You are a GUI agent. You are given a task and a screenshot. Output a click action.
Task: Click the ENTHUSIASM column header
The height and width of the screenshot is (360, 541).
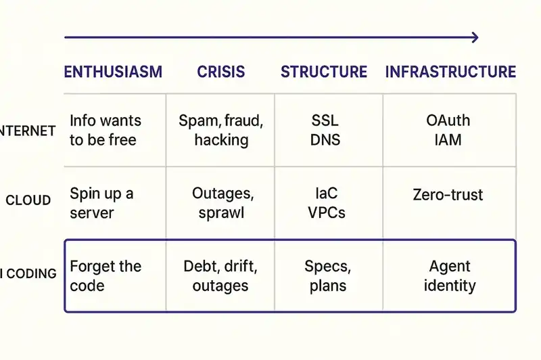pos(113,72)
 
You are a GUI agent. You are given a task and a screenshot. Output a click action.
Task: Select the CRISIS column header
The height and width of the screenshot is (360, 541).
pos(221,72)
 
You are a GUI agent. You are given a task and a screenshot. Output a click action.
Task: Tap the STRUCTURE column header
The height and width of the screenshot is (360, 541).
pos(324,72)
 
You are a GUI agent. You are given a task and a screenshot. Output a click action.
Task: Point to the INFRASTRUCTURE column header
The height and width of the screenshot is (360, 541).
pos(450,72)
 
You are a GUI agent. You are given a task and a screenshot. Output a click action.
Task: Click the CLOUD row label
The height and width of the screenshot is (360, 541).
pos(28,200)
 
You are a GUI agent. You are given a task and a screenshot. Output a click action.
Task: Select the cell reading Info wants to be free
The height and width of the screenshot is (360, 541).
pos(105,131)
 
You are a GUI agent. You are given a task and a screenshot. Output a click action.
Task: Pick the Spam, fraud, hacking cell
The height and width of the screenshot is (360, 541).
pos(221,131)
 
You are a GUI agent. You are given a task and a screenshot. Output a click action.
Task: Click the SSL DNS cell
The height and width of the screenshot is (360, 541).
pos(325,131)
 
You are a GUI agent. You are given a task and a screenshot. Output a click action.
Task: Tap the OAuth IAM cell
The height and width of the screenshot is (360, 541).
pos(448,131)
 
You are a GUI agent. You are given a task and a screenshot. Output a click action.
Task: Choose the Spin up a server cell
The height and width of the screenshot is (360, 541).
pos(101,203)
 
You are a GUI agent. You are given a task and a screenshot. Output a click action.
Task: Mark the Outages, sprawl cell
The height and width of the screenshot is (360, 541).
pos(222,203)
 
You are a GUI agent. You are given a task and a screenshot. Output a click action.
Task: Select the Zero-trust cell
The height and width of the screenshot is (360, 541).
pos(448,196)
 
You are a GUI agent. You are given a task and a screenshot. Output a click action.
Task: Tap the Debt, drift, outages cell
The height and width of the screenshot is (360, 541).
pos(220,275)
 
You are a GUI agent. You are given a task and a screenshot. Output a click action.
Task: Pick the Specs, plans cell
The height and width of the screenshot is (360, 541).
pos(328,275)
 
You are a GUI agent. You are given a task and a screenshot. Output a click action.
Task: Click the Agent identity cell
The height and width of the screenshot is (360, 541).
pos(450,275)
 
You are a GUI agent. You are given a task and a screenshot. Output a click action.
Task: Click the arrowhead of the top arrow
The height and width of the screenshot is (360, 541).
pos(475,37)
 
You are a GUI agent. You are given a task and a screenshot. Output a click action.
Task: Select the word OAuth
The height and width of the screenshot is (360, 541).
pos(448,121)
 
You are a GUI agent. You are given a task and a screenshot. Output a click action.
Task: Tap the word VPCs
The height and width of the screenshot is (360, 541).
pos(327,212)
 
